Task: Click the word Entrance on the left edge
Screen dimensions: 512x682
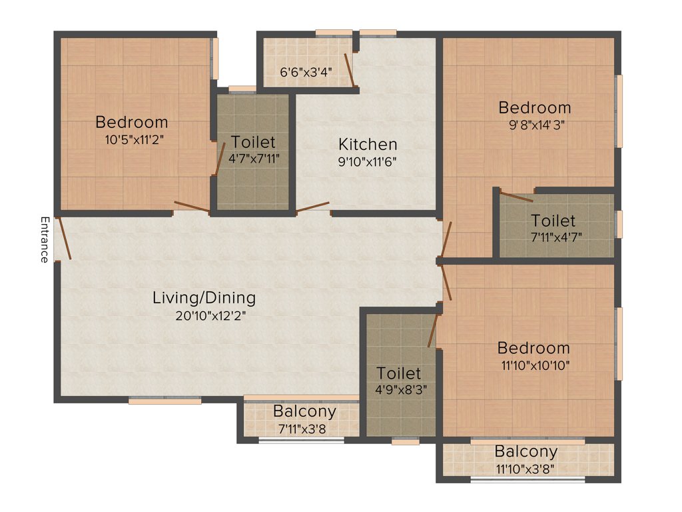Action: click(x=44, y=239)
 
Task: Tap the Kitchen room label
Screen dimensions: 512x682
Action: click(x=368, y=144)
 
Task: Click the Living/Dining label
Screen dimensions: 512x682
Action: click(x=204, y=297)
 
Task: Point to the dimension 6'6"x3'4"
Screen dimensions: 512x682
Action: click(x=306, y=71)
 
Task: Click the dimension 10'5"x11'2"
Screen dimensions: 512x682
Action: click(x=131, y=140)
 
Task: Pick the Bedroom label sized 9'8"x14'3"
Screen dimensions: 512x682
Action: click(x=535, y=107)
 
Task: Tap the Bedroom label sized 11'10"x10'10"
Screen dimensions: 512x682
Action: click(x=533, y=348)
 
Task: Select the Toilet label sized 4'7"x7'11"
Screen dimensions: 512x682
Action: click(x=253, y=142)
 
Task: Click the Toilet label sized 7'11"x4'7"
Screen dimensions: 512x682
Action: click(x=553, y=220)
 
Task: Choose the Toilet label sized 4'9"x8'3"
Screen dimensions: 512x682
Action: click(x=398, y=373)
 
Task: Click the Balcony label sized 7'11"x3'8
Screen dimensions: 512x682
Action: click(x=304, y=411)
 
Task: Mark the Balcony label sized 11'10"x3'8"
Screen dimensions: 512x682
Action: click(x=525, y=452)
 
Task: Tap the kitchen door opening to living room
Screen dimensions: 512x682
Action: click(x=312, y=207)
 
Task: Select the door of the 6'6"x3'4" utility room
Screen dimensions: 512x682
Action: click(x=349, y=70)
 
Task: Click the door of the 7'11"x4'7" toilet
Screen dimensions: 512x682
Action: click(x=516, y=197)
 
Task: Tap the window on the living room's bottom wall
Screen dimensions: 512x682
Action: click(x=165, y=401)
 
